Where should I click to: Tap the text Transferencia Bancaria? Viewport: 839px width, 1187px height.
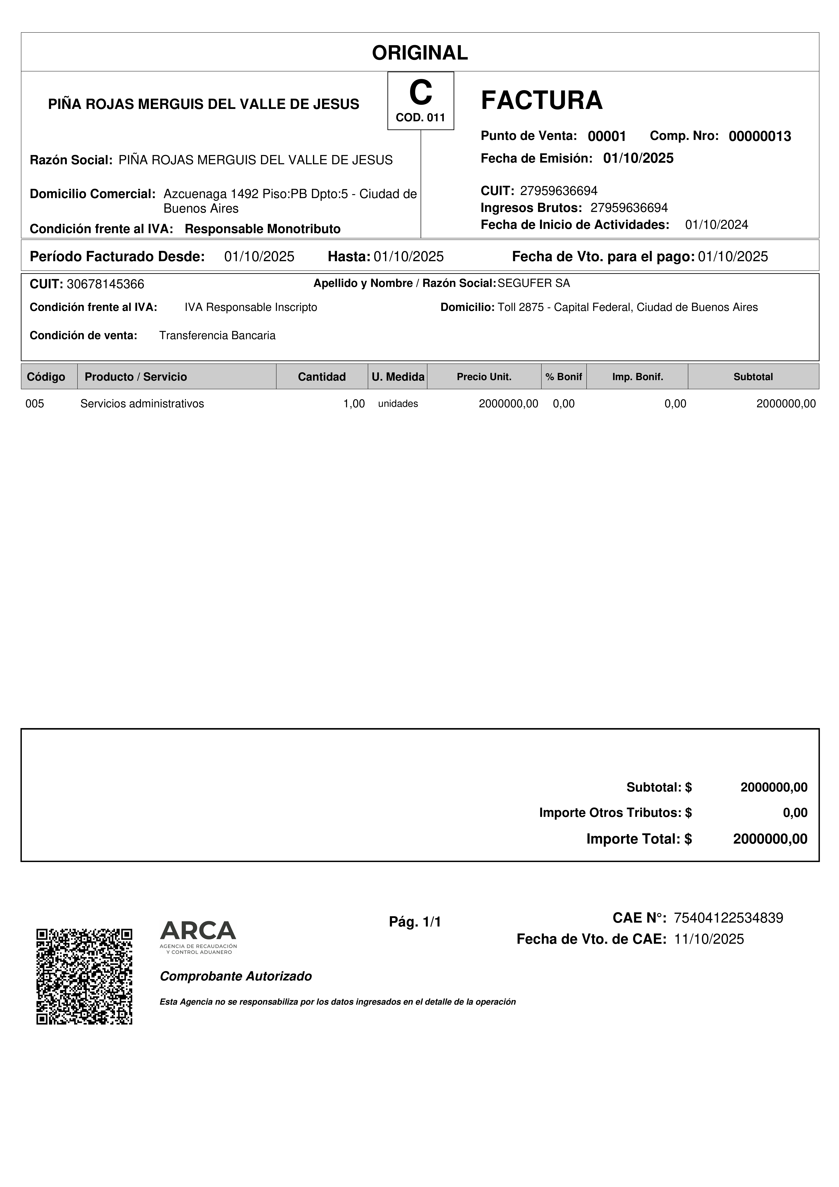[x=217, y=335]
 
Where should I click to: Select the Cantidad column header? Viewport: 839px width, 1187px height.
[x=321, y=377]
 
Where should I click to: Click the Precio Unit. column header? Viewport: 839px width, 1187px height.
[x=484, y=377]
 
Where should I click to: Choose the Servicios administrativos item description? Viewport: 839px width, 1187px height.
[x=142, y=404]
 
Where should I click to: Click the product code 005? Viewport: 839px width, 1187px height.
[x=35, y=404]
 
